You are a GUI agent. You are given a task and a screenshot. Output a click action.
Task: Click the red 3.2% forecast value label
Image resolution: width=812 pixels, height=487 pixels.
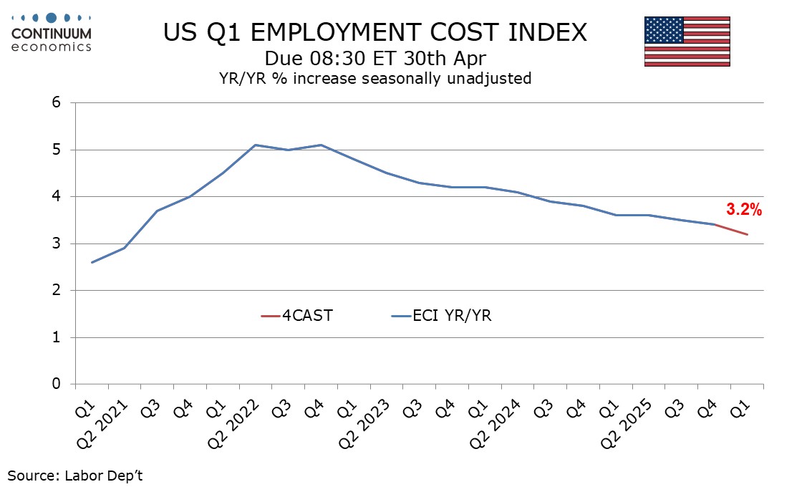[x=744, y=210]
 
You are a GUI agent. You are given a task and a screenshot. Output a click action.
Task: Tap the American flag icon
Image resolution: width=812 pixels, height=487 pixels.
[x=687, y=41]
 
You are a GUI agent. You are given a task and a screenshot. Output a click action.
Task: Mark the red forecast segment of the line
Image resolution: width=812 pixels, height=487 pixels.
[x=731, y=229]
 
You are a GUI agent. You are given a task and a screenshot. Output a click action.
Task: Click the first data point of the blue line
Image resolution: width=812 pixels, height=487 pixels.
[x=92, y=262]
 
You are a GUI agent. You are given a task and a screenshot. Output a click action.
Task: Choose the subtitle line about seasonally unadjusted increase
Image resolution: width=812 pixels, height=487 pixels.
[x=374, y=78]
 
